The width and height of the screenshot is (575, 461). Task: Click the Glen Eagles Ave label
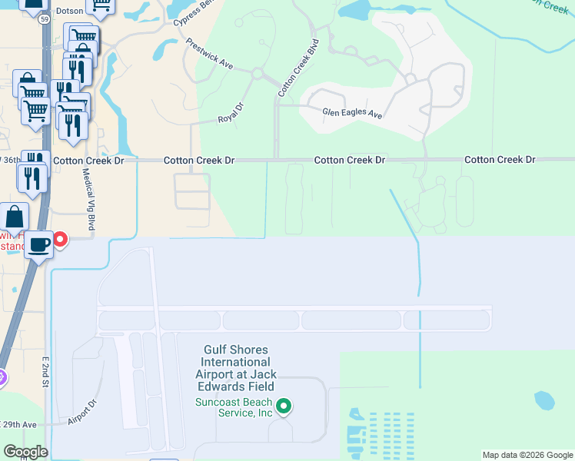(x=352, y=114)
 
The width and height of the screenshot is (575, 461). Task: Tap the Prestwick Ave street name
(x=210, y=55)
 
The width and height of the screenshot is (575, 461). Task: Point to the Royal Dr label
(x=230, y=114)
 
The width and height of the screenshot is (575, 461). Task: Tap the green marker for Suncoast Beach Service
(x=284, y=406)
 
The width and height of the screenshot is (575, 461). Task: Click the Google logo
(x=25, y=452)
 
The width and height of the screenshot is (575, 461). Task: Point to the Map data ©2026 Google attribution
(x=527, y=455)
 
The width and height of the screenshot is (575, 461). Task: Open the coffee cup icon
(x=38, y=246)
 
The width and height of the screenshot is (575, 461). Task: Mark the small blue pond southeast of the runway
(x=544, y=400)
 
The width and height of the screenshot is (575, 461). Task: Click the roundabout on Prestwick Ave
(x=257, y=74)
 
